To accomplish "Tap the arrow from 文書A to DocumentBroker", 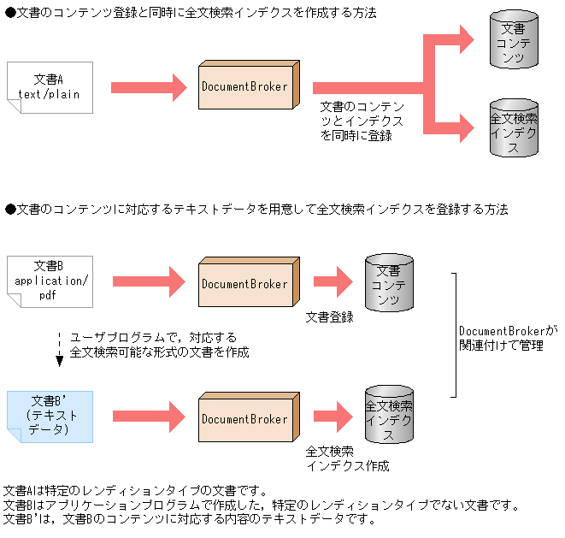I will pos(149,86).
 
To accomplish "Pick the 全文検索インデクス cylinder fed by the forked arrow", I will pos(514,128).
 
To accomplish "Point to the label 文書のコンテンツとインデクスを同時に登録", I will pos(362,121).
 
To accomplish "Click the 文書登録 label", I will pos(330,317).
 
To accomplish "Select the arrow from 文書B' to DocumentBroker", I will pos(149,417).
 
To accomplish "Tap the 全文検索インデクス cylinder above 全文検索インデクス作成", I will pos(388,413).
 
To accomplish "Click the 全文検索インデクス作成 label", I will pos(347,458).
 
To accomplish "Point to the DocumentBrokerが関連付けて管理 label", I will pos(508,338).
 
